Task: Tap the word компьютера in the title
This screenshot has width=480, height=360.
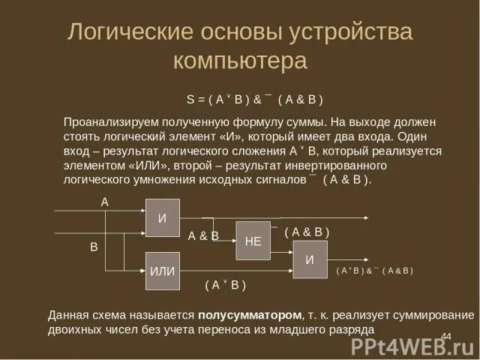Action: click(x=239, y=60)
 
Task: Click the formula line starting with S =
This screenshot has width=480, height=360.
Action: click(x=254, y=98)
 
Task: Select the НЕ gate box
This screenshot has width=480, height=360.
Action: click(x=253, y=241)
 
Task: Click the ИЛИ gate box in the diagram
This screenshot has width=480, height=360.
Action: click(x=162, y=271)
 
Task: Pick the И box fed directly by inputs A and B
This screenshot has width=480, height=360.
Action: click(x=162, y=218)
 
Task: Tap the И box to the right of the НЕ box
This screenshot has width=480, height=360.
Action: click(x=310, y=259)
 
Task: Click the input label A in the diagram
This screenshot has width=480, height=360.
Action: click(x=105, y=202)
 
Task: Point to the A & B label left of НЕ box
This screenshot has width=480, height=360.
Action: click(x=203, y=235)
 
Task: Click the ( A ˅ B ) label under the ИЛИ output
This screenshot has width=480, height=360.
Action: click(x=225, y=285)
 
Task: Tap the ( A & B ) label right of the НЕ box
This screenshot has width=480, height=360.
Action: click(x=307, y=232)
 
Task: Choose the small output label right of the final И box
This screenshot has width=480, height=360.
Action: click(x=374, y=270)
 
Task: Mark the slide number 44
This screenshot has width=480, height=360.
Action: click(x=445, y=335)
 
